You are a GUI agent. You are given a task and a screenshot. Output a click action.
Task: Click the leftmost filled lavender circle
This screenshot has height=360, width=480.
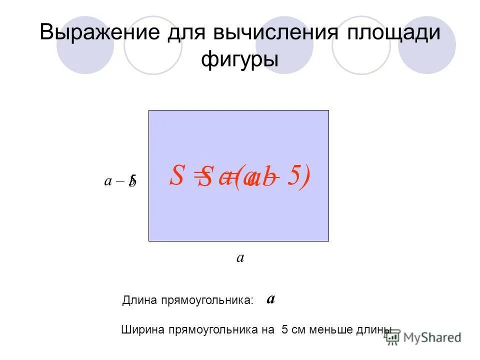[85, 45]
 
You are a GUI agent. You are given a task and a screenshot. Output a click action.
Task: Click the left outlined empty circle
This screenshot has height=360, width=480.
[153, 45]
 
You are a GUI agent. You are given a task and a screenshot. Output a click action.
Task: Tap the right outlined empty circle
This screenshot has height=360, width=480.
[361, 45]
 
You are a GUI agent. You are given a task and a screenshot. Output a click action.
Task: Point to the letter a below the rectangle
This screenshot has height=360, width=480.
[240, 257]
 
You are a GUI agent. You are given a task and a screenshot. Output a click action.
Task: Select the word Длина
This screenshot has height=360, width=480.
[137, 300]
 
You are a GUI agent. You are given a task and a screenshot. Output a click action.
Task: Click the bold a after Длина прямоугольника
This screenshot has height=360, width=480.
[270, 299]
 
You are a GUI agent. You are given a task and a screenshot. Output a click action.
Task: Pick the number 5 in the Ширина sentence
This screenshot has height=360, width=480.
[284, 329]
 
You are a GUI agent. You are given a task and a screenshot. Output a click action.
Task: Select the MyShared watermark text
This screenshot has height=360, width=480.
[431, 337]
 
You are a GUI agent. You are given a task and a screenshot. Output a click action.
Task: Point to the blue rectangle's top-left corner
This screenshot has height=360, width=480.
[149, 110]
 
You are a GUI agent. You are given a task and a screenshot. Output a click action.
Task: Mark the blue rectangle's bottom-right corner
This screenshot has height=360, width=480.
[328, 241]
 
